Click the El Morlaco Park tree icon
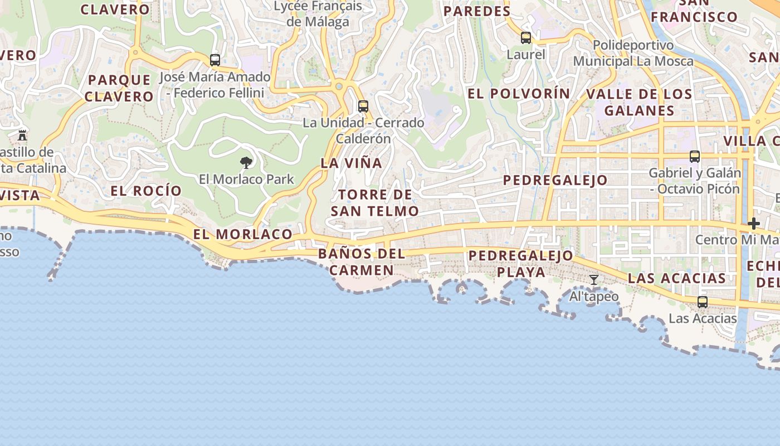246,163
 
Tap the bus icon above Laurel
526,38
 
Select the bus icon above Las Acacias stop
703,302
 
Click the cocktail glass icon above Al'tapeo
594,279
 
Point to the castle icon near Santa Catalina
22,135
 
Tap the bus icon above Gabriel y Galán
695,157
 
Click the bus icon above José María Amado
215,60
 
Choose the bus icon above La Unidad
363,106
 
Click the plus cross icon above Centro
754,224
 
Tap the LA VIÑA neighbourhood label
352,163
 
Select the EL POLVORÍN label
519,94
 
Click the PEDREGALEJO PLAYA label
521,264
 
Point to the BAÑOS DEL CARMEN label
362,262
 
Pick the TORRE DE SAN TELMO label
375,203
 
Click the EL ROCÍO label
146,191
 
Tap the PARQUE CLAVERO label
120,88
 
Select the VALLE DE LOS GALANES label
639,102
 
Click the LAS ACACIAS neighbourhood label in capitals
676,278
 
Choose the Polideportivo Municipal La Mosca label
633,53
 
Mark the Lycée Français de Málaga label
318,14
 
